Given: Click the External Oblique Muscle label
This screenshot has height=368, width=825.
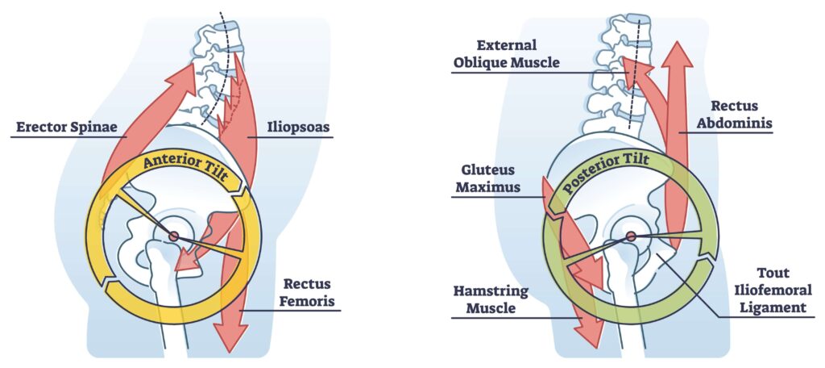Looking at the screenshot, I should [506, 53].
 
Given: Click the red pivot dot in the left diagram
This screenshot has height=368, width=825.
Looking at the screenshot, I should [173, 236].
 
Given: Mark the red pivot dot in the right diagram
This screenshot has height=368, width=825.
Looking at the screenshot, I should [631, 236].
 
